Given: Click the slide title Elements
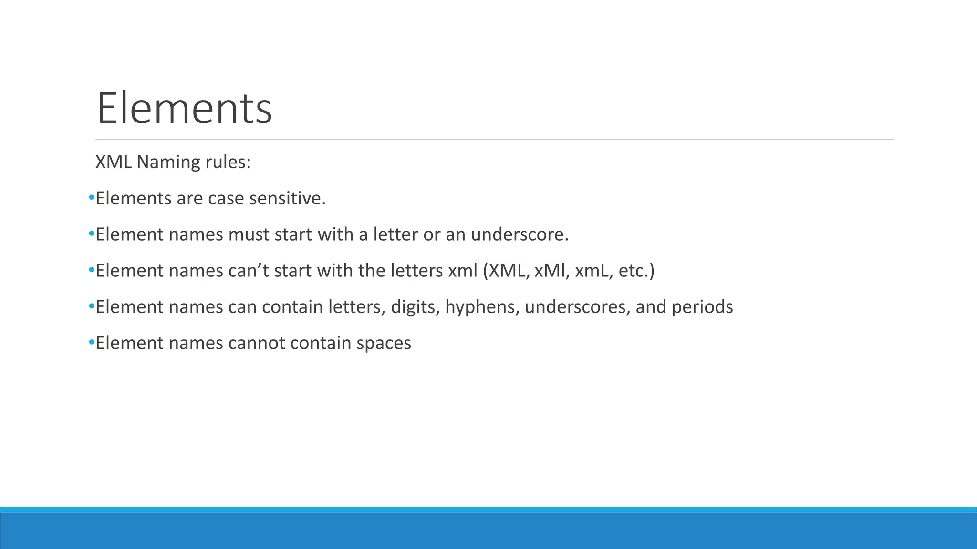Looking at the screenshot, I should tap(184, 109).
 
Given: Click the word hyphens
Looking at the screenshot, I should tap(482, 307).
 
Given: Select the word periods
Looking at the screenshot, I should tap(702, 307).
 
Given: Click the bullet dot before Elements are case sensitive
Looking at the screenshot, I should tap(91, 198).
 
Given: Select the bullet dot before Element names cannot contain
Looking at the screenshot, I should tap(91, 343).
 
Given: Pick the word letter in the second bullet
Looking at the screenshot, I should tap(395, 234).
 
